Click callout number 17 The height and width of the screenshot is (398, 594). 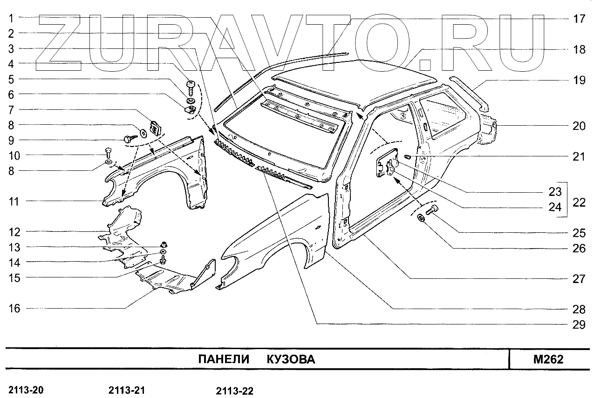[x=578, y=19]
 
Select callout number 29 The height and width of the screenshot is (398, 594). [x=578, y=324]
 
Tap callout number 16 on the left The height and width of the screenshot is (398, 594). [x=14, y=308]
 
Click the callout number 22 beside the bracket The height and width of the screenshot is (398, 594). [x=579, y=202]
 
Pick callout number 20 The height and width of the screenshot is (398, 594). [x=578, y=126]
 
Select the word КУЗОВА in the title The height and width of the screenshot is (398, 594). [x=291, y=360]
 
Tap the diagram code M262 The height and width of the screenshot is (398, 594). [x=548, y=360]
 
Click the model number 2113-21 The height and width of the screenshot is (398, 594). [x=129, y=390]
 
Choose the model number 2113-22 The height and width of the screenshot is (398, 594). [x=235, y=391]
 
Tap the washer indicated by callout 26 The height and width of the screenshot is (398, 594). [x=421, y=218]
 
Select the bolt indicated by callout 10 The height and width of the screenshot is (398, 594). [x=109, y=152]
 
